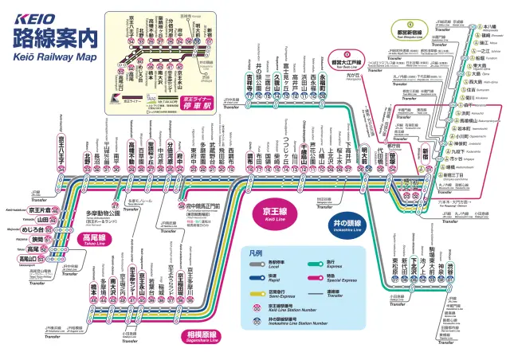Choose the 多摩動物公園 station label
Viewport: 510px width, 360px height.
[101, 214]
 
